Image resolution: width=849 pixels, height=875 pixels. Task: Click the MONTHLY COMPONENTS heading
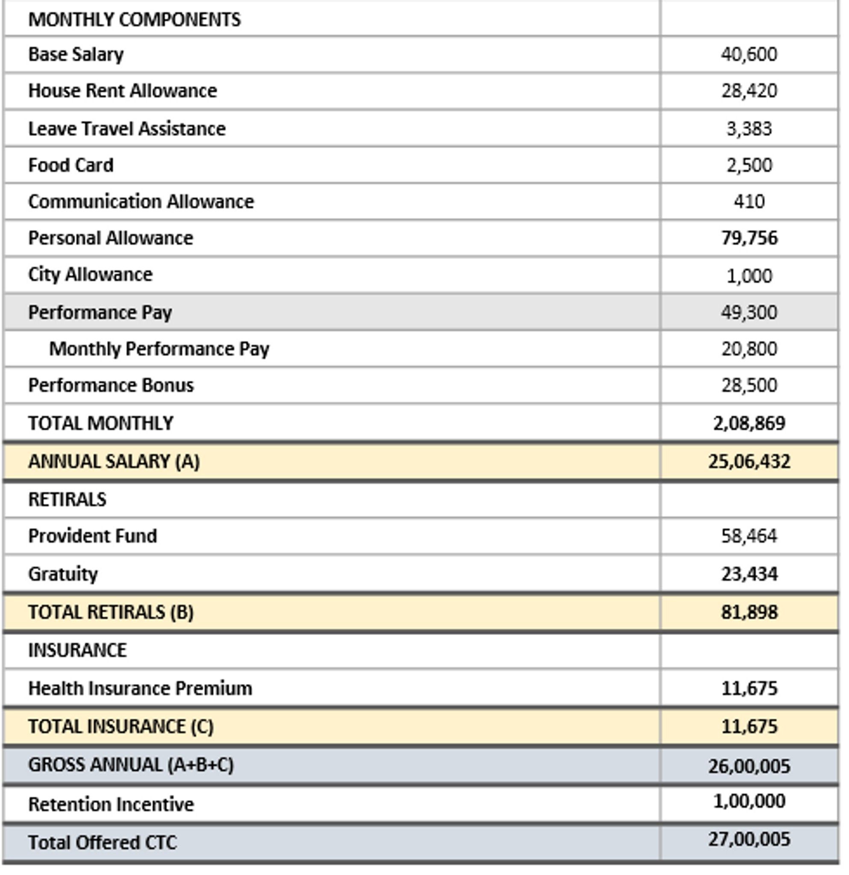(x=134, y=20)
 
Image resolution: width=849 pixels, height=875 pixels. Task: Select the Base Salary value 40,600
(x=749, y=54)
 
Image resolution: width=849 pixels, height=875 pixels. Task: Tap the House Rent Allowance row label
(x=123, y=91)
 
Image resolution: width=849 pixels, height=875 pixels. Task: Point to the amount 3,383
(x=749, y=129)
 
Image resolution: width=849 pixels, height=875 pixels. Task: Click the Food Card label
(x=71, y=165)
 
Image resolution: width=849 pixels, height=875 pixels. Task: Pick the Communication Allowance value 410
(x=749, y=202)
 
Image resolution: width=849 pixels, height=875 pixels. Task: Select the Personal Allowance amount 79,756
(x=749, y=238)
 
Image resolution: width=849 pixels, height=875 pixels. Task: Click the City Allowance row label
(x=90, y=274)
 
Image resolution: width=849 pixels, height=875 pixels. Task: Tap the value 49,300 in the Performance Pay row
(x=749, y=312)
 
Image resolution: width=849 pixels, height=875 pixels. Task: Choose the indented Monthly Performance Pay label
(x=159, y=349)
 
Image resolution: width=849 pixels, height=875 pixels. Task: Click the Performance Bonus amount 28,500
(x=749, y=385)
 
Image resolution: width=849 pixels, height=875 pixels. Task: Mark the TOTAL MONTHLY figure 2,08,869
(x=749, y=423)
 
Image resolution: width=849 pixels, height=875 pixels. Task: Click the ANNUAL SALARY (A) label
(x=114, y=461)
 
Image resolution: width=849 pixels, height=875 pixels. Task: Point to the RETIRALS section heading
(x=68, y=499)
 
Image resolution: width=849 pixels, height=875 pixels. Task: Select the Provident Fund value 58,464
(x=749, y=536)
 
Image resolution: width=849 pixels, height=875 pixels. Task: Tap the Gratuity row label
(x=63, y=574)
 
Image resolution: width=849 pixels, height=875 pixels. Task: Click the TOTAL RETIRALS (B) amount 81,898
(x=749, y=612)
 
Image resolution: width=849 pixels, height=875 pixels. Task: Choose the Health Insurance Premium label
(x=140, y=688)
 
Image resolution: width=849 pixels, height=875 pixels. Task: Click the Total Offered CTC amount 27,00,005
(x=749, y=839)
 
